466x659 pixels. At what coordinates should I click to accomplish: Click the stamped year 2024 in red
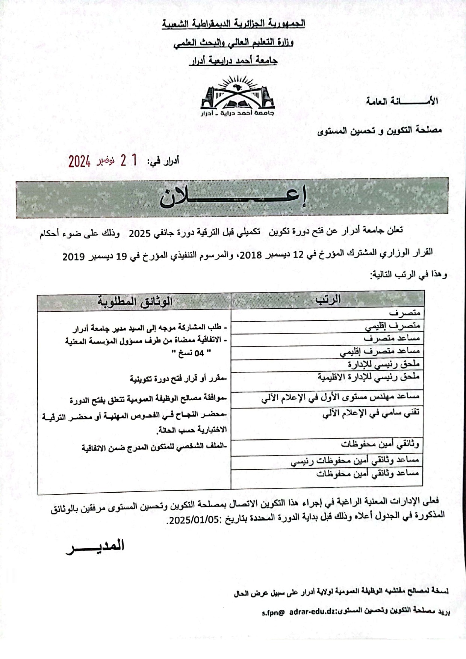point(79,162)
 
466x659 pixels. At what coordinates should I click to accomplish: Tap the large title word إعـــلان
point(233,198)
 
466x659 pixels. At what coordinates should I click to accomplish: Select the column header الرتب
point(328,299)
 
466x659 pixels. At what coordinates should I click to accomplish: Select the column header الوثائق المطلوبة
point(135,302)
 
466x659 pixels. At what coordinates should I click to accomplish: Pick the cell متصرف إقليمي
point(392,326)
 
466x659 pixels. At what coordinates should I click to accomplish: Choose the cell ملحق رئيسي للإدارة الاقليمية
point(368,377)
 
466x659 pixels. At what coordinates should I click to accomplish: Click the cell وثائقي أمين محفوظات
point(380,444)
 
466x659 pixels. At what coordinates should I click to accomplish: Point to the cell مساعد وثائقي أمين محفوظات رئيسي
point(355,460)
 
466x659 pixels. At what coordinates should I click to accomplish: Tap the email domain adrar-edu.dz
point(312,611)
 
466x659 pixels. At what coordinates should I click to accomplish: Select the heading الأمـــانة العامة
point(402,101)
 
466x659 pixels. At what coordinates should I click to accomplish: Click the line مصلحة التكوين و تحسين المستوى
point(380,130)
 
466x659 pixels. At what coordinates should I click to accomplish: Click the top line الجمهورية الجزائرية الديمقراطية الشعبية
point(233,24)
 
